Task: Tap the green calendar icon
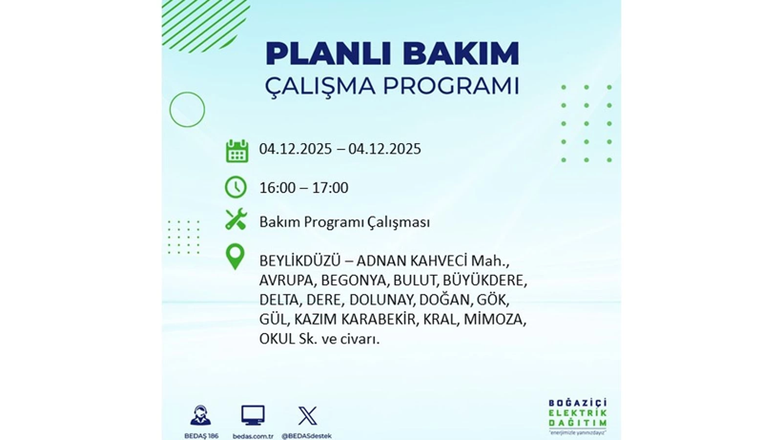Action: click(237, 150)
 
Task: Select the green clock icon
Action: click(236, 187)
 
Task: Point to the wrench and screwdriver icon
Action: click(236, 220)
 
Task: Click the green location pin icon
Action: click(235, 257)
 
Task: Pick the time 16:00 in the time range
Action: click(278, 188)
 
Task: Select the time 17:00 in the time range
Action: click(330, 188)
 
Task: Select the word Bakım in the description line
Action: click(278, 222)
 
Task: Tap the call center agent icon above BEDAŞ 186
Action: click(200, 415)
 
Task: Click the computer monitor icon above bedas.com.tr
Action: click(253, 415)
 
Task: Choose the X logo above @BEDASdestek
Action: click(307, 415)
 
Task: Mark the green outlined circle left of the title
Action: click(187, 110)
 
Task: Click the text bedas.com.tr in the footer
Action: click(253, 435)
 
